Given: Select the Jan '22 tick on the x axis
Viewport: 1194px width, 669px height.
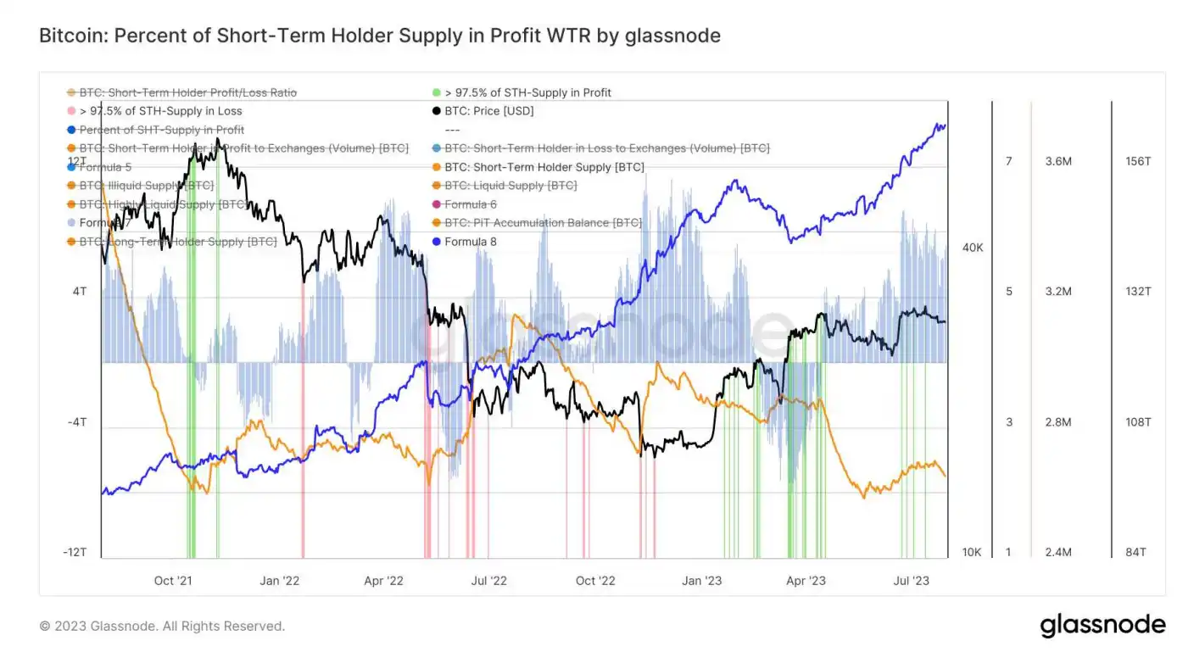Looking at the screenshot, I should (280, 581).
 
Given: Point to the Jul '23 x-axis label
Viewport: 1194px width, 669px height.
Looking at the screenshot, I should (912, 581).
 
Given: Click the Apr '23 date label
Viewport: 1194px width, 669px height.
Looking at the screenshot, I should (806, 581).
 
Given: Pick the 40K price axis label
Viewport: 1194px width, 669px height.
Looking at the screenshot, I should (973, 248).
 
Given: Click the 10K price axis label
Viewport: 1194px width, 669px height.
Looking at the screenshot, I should (972, 553).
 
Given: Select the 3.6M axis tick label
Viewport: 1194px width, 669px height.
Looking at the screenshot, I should (1058, 161).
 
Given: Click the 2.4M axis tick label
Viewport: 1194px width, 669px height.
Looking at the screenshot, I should (1058, 553).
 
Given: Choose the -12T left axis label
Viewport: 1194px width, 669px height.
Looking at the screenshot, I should (75, 553).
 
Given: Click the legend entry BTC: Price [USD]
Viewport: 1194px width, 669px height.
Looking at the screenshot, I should (488, 111).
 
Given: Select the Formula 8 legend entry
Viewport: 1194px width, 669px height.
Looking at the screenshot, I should (470, 242).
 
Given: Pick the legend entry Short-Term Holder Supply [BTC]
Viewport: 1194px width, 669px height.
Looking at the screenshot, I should (544, 167).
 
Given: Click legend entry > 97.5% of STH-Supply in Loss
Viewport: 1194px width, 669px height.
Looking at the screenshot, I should (160, 111).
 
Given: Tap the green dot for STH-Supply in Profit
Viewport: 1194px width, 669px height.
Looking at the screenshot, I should (436, 92).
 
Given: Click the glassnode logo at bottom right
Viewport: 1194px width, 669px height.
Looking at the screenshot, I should (1102, 626).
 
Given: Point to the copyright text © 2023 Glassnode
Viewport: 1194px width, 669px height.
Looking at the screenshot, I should (162, 627).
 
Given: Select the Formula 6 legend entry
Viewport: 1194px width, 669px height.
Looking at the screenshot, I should (470, 204).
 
